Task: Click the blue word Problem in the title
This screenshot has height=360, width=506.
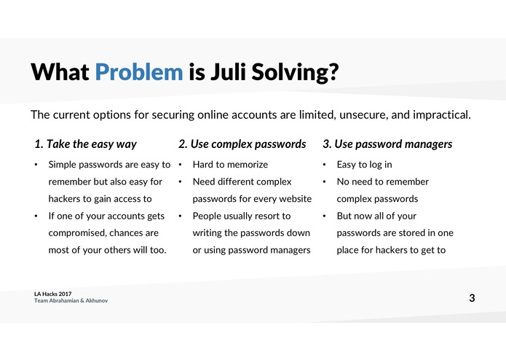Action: point(138,73)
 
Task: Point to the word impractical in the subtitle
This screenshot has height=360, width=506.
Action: point(438,115)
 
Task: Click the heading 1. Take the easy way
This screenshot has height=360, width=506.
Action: point(86,144)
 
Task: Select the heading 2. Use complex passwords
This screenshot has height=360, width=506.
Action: point(242,144)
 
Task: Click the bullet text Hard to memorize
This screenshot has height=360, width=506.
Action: point(230,165)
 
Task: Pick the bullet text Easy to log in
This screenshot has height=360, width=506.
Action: point(364,165)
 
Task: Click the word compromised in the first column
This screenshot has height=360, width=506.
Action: point(79,233)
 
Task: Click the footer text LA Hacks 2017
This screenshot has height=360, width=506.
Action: point(52,293)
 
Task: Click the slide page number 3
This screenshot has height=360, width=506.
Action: point(473,297)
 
